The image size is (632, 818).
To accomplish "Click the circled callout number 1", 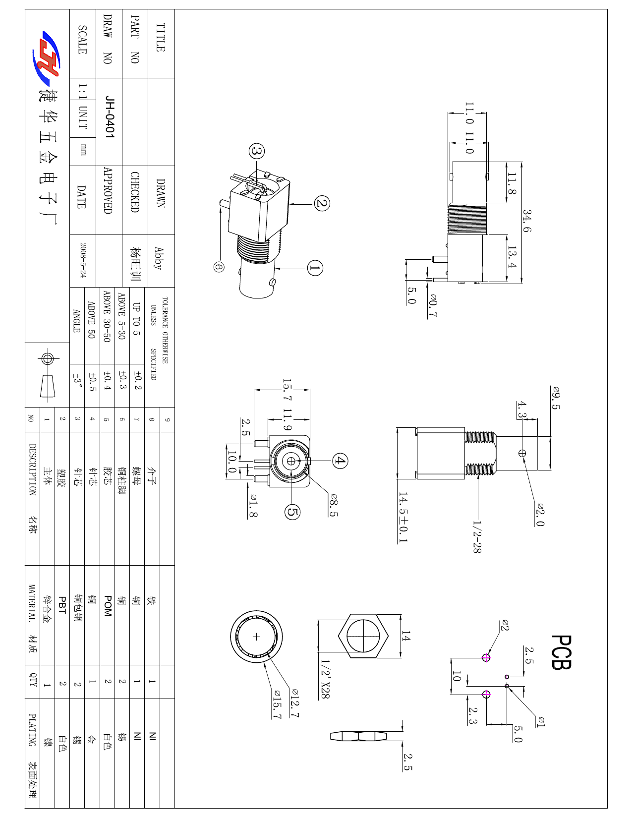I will tap(315, 268).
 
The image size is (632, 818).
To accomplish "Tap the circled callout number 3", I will tap(257, 151).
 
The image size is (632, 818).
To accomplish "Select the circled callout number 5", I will tap(292, 512).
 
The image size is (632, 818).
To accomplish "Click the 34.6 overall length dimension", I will tap(527, 221).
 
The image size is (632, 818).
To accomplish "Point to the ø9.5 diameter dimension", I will tap(556, 398).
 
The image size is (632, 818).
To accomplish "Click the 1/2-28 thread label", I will tap(477, 536).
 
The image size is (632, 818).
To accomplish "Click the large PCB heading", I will tap(562, 652).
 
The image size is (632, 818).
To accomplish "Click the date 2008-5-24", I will tap(83, 260).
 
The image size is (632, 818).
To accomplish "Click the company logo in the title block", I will tap(46, 55).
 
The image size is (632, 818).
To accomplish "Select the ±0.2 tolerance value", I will tap(137, 381).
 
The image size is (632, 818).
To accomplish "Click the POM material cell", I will tap(108, 606).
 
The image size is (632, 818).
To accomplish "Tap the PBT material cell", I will tap(62, 605).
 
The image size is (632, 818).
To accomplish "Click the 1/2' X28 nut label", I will tap(325, 679).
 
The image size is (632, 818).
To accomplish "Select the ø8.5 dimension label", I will tap(334, 505).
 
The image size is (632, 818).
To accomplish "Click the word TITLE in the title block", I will tap(161, 37).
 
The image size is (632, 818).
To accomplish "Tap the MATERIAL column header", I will tap(32, 603).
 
